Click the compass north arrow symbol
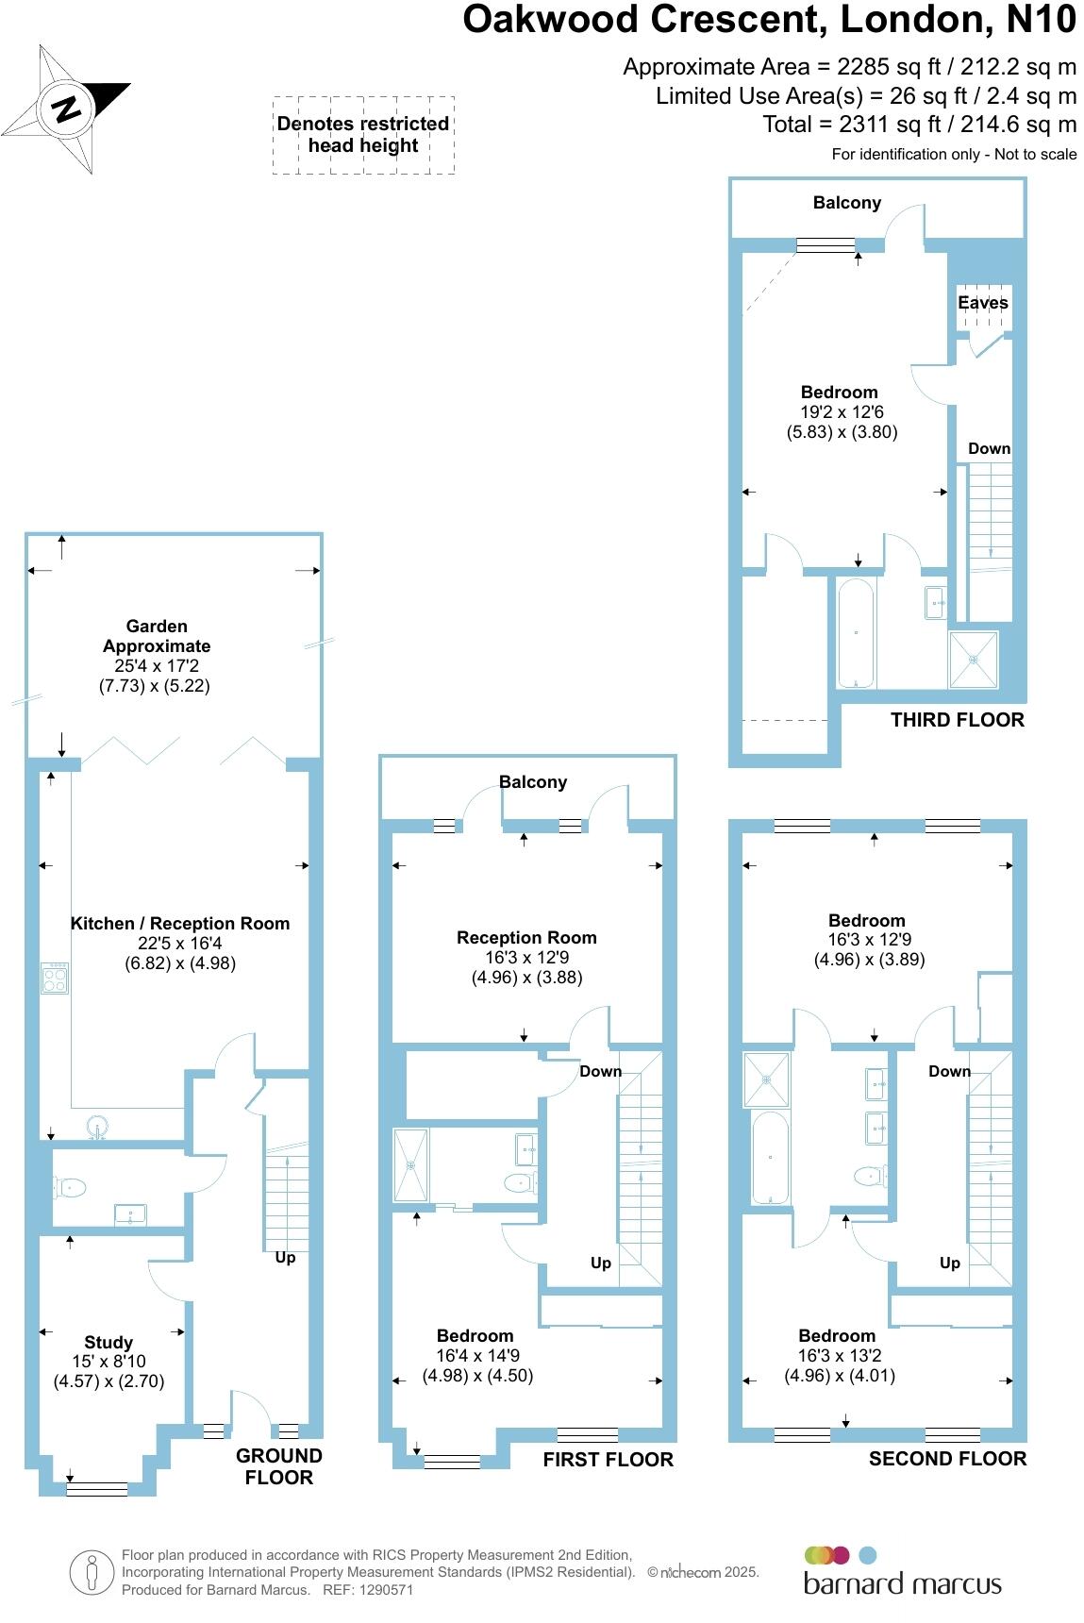66,109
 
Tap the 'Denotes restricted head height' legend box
363,135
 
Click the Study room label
108,1342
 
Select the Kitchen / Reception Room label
180,924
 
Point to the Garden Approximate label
157,636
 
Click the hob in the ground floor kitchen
55,977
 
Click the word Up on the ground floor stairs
285,1257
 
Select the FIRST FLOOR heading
608,1460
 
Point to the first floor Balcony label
533,781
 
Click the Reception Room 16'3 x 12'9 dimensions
526,957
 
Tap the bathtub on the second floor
770,1158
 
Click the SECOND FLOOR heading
947,1459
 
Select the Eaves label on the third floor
983,303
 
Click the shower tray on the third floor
972,659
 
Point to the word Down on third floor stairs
989,448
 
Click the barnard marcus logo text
902,1582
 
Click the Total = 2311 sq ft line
919,124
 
